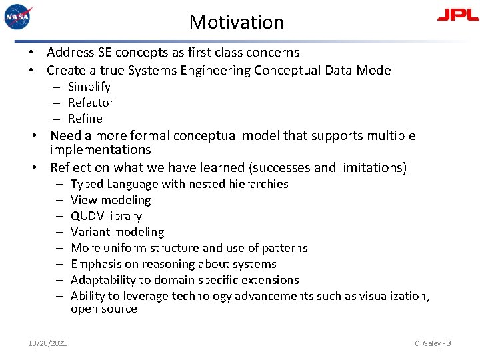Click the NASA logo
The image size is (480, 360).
[x=18, y=16]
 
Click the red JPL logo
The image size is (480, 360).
[x=457, y=15]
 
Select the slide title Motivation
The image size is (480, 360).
[x=237, y=22]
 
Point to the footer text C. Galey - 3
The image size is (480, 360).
[x=433, y=343]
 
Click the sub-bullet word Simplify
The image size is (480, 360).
[x=89, y=87]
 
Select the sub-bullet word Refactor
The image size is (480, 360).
[x=91, y=103]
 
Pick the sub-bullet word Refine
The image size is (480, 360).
[x=85, y=119]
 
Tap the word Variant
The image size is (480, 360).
[x=89, y=232]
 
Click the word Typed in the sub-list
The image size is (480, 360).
[x=87, y=184]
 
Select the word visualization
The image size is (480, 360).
[x=394, y=296]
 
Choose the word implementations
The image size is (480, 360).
[x=101, y=150]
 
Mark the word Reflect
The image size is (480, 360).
[x=72, y=167]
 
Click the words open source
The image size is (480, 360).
[x=104, y=309]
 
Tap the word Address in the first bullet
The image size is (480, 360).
[x=71, y=52]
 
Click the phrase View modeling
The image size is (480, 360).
[x=111, y=200]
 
